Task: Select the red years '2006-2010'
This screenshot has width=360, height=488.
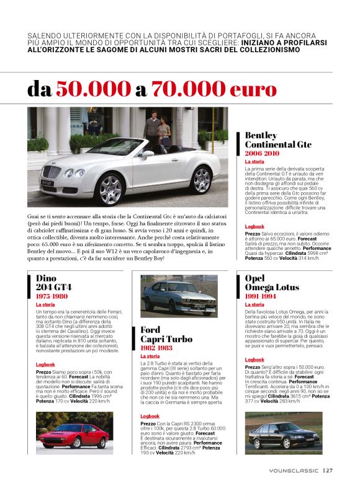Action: pos(263,153)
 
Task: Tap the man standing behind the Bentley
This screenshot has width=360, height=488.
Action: pos(151,127)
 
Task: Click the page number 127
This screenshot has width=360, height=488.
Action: pos(328,470)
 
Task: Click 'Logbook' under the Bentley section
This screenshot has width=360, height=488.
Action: pos(254,227)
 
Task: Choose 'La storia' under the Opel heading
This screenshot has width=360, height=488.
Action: pos(254,305)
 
